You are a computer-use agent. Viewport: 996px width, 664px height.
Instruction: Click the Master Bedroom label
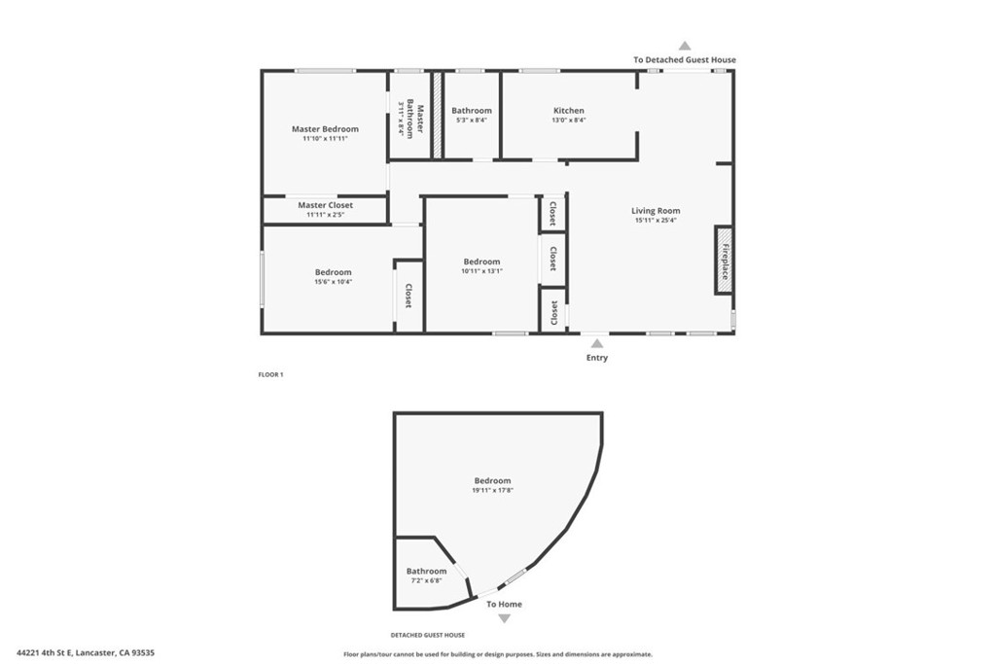tap(325, 128)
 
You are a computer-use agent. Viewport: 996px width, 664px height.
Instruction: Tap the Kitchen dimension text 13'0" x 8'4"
tap(569, 121)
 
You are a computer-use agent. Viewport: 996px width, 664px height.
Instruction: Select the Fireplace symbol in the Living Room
tap(724, 260)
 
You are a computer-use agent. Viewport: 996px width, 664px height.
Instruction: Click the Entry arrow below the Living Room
tap(596, 343)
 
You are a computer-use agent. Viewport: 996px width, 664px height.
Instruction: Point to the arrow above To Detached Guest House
tap(685, 46)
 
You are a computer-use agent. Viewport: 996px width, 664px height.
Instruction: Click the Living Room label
tap(656, 210)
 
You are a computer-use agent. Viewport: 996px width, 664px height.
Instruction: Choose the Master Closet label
tap(325, 205)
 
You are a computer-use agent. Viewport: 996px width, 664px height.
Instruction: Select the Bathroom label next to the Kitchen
tap(472, 111)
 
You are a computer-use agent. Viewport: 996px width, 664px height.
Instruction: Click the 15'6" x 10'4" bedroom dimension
tap(333, 282)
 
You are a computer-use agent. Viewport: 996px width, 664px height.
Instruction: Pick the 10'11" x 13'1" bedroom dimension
tap(481, 271)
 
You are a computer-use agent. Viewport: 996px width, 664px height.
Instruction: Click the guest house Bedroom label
tap(492, 480)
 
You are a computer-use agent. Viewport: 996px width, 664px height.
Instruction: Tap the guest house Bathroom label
tap(427, 571)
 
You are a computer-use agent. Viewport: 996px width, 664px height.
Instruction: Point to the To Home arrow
tap(504, 618)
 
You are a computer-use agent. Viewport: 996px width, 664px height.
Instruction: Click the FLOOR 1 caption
tap(270, 374)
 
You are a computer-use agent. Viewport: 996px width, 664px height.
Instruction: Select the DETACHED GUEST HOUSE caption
tap(428, 635)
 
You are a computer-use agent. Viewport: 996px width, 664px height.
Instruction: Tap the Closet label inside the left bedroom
tap(409, 296)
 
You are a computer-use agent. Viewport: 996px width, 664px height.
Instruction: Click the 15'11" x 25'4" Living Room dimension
tap(656, 221)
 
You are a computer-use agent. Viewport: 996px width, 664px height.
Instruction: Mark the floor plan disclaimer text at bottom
tap(498, 654)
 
